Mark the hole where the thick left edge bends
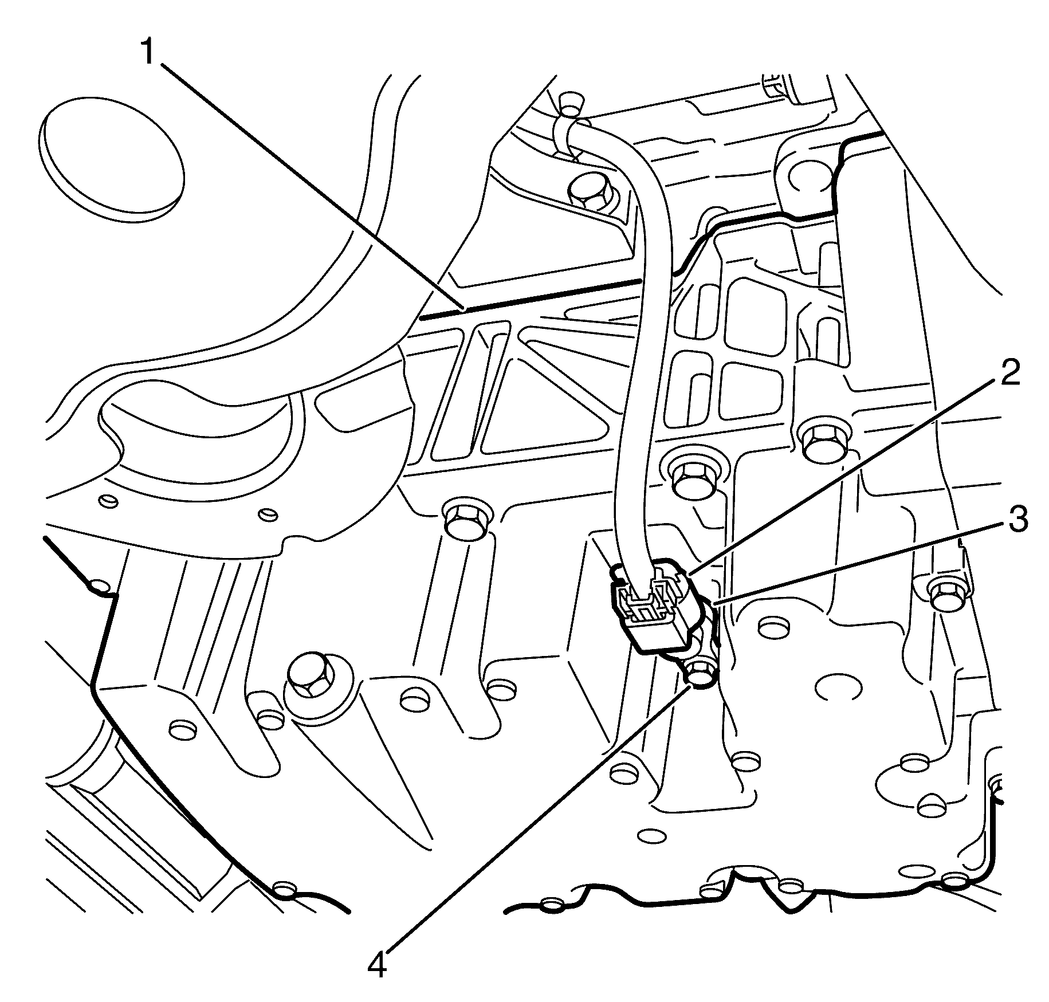(x=100, y=586)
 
